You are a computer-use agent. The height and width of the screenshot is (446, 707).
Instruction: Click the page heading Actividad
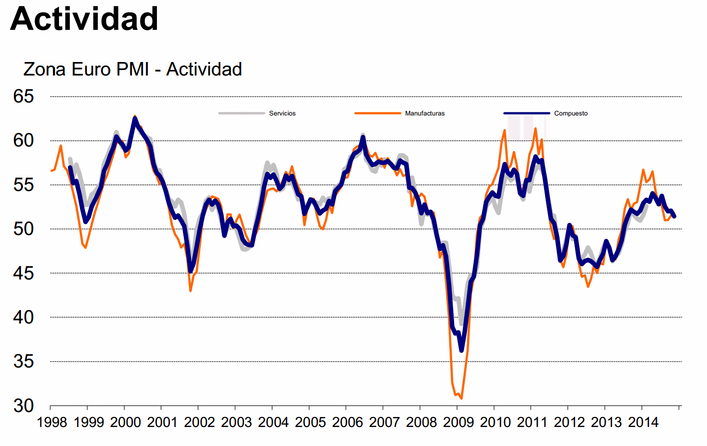[84, 19]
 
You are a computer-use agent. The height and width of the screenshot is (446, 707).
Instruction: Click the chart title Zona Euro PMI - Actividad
[132, 69]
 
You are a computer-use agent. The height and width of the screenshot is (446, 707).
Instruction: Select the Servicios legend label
[282, 113]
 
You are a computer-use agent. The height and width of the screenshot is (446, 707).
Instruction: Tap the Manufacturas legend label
[425, 113]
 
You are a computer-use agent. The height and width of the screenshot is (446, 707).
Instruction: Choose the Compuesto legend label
[571, 113]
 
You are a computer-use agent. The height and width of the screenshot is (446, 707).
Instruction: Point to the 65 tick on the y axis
[23, 96]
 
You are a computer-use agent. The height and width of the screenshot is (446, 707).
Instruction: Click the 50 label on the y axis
[23, 229]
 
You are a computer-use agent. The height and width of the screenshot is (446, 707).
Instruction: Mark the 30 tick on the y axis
[23, 405]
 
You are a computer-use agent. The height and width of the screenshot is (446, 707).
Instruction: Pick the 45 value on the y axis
[23, 273]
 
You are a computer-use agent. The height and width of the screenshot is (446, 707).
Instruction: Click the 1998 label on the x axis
[52, 422]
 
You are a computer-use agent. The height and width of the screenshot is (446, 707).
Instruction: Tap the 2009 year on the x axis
[458, 422]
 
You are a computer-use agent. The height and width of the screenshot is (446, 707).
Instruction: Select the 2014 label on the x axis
[643, 422]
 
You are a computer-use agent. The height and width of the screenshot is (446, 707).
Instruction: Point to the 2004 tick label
[273, 422]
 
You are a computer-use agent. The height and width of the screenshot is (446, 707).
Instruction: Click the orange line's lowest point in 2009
[461, 398]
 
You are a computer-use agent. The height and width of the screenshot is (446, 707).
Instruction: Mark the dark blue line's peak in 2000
[135, 118]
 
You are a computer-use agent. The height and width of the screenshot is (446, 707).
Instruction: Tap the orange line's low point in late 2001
[190, 290]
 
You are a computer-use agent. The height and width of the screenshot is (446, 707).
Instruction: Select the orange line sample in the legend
[378, 113]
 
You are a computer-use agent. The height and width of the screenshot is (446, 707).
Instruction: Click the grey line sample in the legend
[242, 113]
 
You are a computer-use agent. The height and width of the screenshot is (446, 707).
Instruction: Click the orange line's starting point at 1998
[51, 171]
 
